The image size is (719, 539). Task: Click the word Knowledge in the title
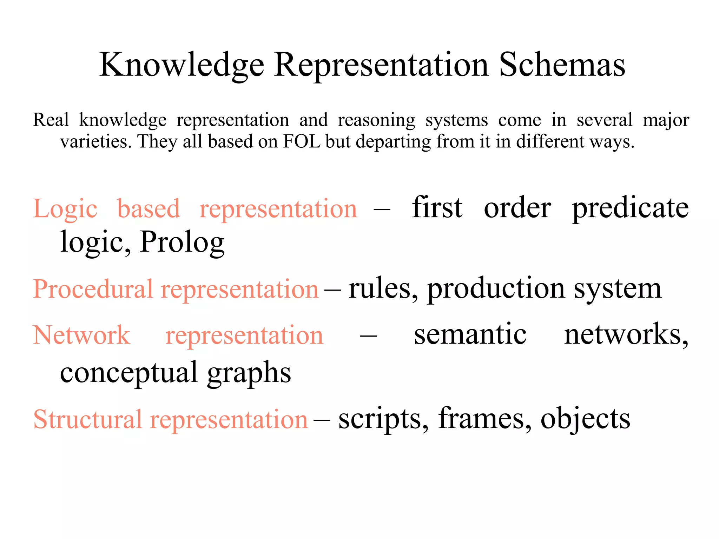click(182, 65)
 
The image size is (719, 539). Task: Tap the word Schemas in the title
click(562, 65)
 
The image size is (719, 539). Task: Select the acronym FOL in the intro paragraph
click(302, 141)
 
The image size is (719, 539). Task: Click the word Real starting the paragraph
click(51, 120)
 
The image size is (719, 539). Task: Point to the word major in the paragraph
click(666, 120)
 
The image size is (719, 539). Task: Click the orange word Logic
click(65, 209)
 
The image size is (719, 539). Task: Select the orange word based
click(149, 208)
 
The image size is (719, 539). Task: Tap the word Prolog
click(182, 242)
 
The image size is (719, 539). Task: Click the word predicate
click(630, 208)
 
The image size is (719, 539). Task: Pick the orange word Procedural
click(93, 289)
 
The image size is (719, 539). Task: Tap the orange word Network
click(81, 335)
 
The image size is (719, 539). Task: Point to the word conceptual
click(129, 373)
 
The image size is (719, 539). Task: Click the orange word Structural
click(87, 419)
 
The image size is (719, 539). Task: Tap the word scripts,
click(383, 419)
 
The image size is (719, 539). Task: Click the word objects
click(585, 419)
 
